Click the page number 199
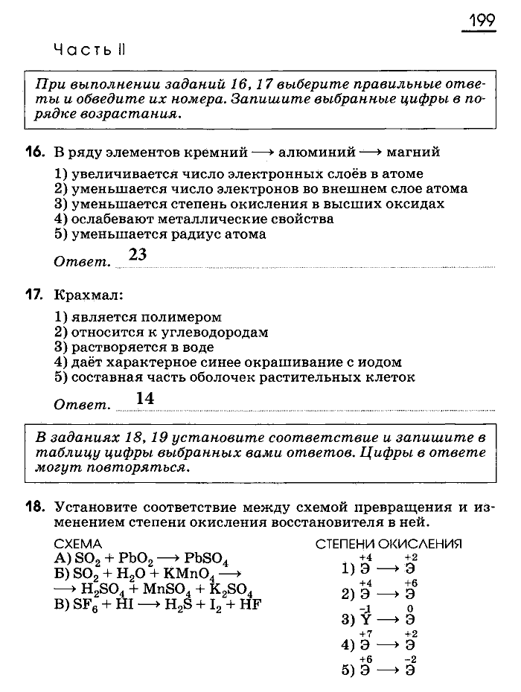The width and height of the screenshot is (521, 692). [x=482, y=20]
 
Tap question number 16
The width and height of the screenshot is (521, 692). [x=35, y=152]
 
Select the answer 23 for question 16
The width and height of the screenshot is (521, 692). [x=138, y=254]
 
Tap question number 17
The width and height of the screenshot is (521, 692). [x=35, y=295]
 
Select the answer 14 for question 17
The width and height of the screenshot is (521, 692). [x=145, y=398]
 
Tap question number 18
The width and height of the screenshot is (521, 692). [x=35, y=507]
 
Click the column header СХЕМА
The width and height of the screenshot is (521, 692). [x=78, y=545]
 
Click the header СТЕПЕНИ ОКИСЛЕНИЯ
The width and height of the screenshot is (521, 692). [x=389, y=545]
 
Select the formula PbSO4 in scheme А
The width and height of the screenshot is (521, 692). [x=211, y=560]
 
